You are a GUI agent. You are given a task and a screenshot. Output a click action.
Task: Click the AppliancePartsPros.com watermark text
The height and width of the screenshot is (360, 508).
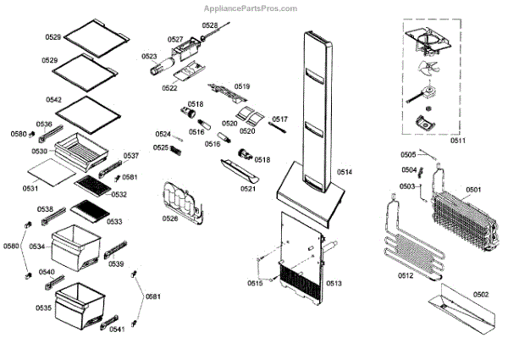(x=250, y=8)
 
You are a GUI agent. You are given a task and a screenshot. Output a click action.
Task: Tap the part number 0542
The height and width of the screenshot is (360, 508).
(x=53, y=100)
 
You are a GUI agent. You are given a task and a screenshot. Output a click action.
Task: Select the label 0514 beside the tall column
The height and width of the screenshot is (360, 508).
(x=345, y=172)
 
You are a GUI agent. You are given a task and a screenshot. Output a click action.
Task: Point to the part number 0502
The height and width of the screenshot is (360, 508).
(x=481, y=294)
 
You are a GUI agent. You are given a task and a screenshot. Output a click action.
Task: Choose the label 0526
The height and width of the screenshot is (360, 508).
(x=171, y=219)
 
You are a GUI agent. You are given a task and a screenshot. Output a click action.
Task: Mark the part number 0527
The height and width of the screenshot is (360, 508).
(x=175, y=40)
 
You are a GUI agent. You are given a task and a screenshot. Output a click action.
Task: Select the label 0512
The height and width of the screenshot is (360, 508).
(x=406, y=275)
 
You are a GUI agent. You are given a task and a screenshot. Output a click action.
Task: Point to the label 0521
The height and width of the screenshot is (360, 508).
(x=247, y=189)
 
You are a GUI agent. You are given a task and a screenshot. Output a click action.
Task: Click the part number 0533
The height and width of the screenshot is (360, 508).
(x=113, y=221)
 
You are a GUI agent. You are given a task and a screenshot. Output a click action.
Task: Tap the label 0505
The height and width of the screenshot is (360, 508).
(x=408, y=154)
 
